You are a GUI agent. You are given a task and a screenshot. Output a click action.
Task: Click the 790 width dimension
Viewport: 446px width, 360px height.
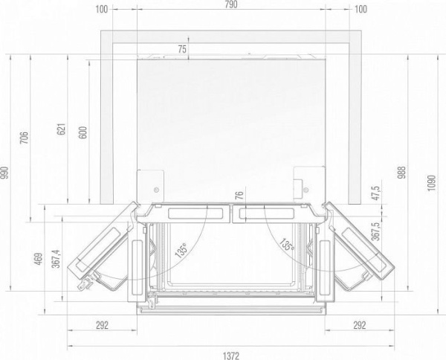tap(230, 9)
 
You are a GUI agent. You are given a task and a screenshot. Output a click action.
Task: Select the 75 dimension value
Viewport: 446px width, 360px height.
tap(183, 49)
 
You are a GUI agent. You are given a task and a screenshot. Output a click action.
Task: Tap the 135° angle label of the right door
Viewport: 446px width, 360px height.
tap(285, 244)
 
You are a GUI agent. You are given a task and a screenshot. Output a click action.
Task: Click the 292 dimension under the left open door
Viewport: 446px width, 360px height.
tap(102, 324)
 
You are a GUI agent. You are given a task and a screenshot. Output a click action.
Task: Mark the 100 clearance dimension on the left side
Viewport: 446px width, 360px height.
tap(103, 9)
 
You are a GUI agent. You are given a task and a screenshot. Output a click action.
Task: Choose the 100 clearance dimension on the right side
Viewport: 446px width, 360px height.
tap(361, 9)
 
